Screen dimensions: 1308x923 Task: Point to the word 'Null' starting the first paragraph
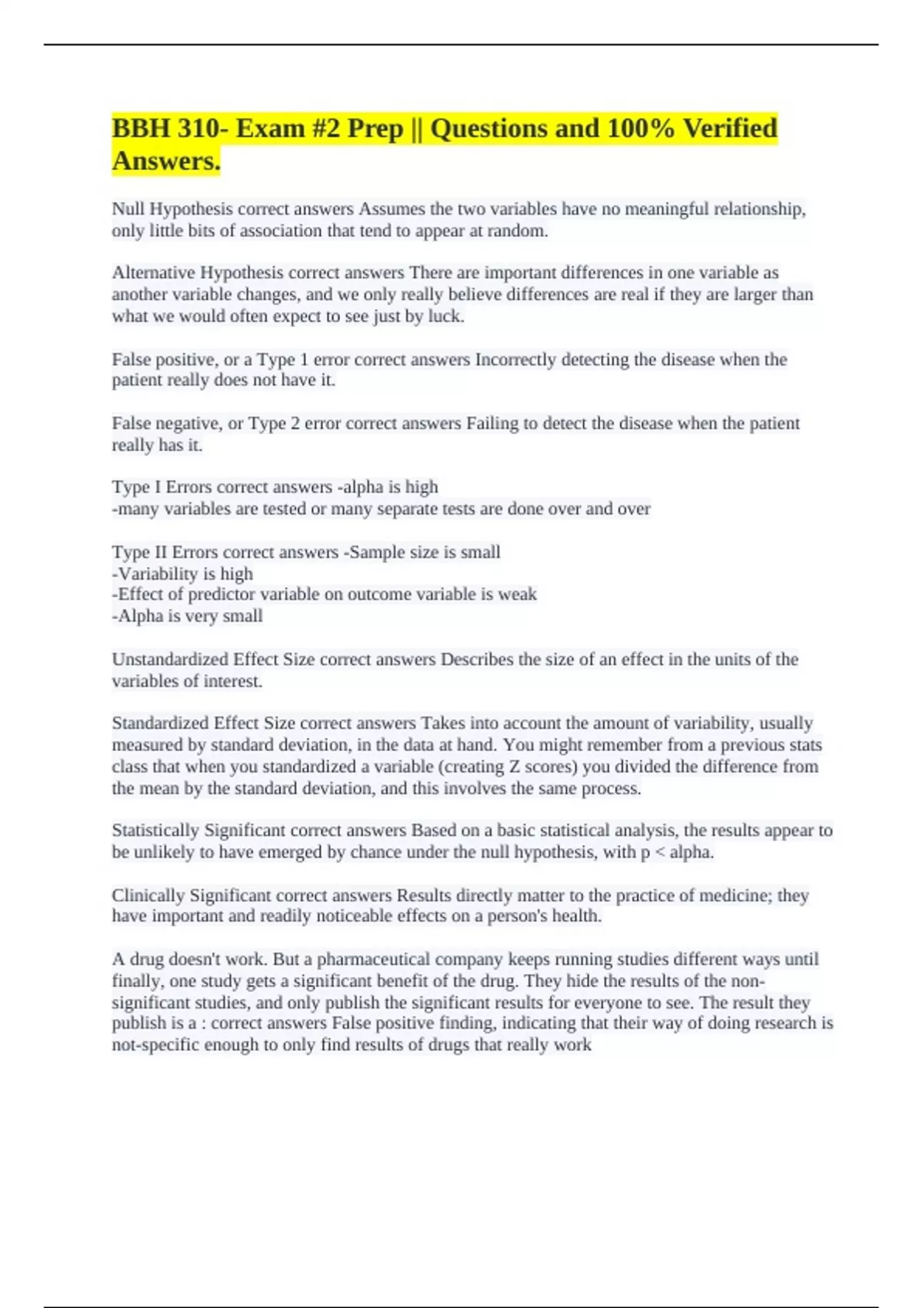coord(128,209)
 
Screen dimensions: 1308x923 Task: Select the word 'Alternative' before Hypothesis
coord(153,273)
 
